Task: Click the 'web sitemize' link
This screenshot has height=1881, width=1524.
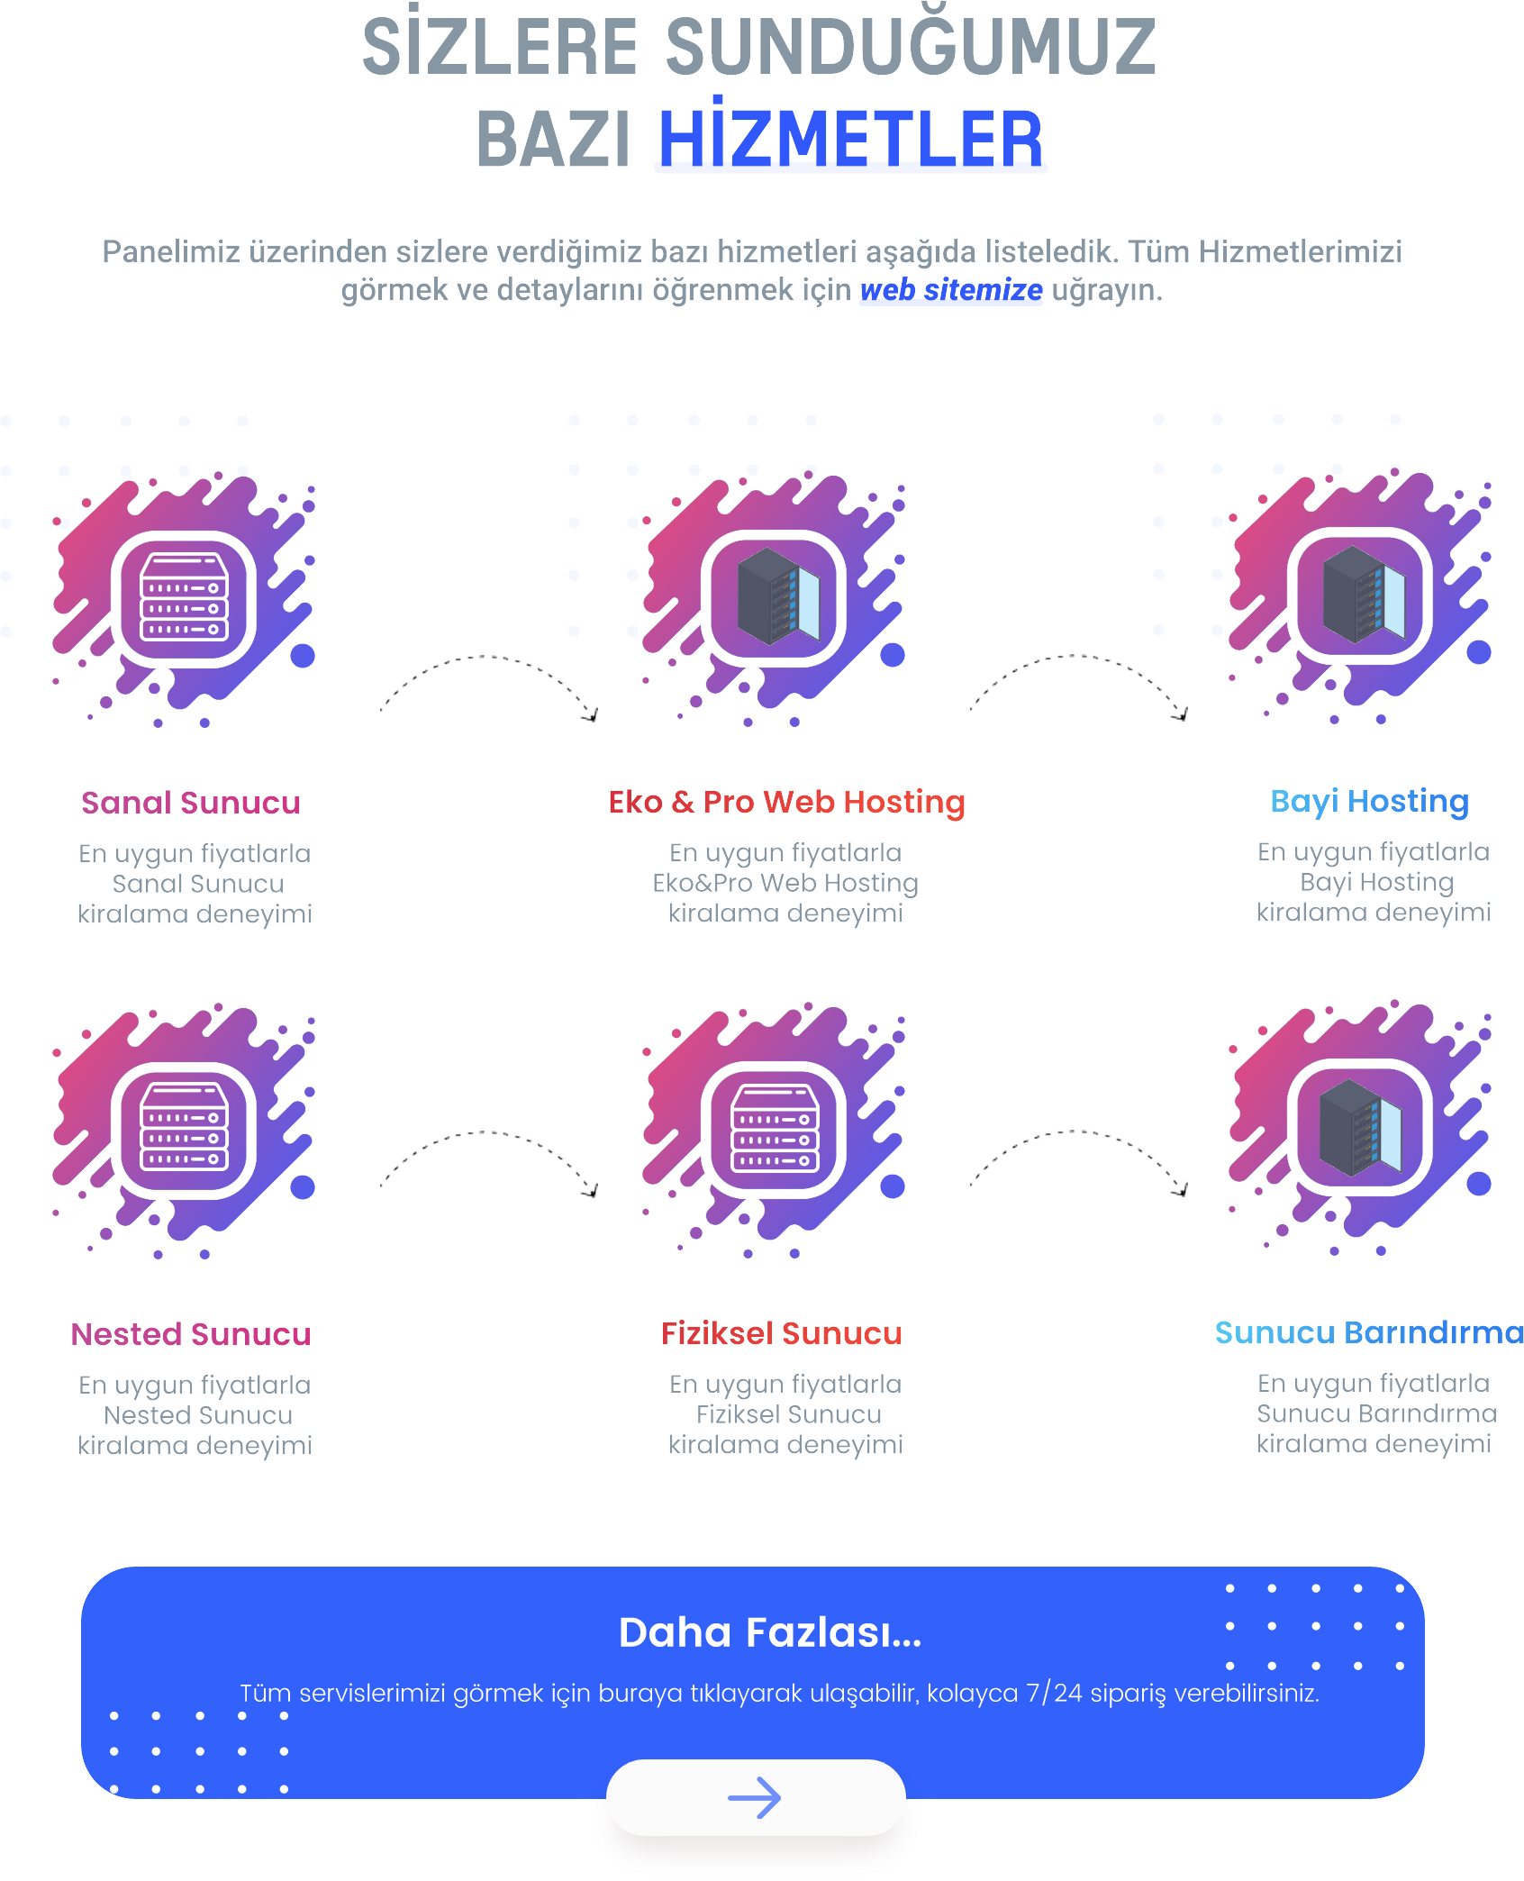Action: (x=951, y=290)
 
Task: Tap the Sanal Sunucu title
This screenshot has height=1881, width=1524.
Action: (x=191, y=802)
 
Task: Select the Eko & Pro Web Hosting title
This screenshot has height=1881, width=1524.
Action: (x=786, y=802)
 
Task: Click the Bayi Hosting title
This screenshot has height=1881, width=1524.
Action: (x=1369, y=801)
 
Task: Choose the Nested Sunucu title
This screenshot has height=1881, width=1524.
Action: (x=191, y=1333)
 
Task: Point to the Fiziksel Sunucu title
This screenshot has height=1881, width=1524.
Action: (x=781, y=1332)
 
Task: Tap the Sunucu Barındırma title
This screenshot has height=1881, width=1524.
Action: (x=1369, y=1331)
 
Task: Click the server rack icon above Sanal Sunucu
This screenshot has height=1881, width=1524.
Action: (x=185, y=597)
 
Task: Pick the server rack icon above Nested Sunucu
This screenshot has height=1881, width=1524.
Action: (x=185, y=1129)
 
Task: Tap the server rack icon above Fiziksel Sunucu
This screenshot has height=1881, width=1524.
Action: (x=776, y=1128)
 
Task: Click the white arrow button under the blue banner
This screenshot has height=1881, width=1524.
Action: (x=755, y=1797)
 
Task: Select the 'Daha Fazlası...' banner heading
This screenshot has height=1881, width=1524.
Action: (x=770, y=1632)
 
